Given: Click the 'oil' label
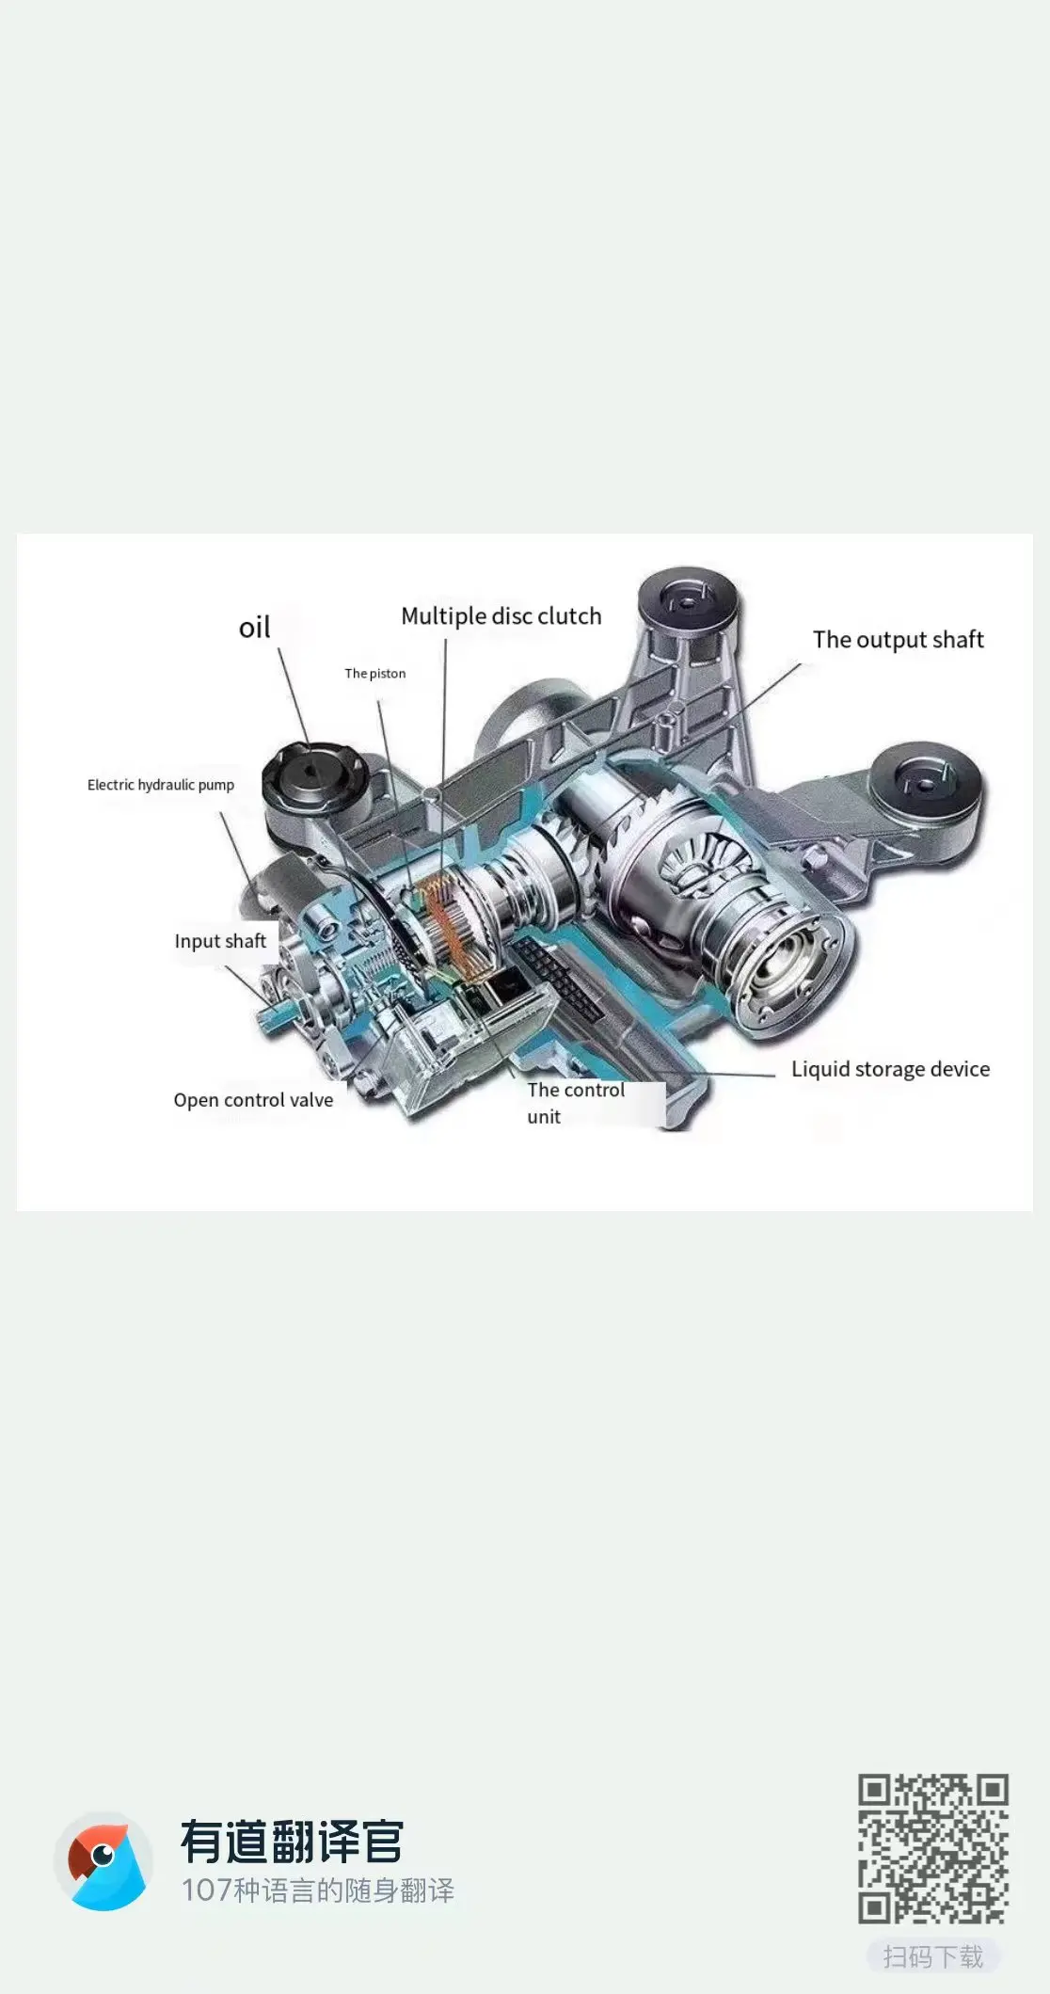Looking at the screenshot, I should click(254, 628).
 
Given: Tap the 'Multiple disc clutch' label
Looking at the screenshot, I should click(501, 616).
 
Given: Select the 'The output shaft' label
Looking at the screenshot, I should click(898, 640).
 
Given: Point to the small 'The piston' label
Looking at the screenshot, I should click(374, 674).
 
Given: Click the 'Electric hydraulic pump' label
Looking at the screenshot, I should click(161, 785).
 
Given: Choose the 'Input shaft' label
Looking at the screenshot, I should click(220, 941).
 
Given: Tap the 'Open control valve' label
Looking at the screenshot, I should click(253, 1100).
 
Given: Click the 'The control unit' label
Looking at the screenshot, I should click(575, 1103).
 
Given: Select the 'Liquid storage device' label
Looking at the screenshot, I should click(890, 1069).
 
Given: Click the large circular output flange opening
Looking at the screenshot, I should click(789, 974).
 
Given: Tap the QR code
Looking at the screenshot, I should click(932, 1849).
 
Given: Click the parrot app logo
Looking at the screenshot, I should click(103, 1861).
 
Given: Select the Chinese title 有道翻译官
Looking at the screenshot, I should click(292, 1842).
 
